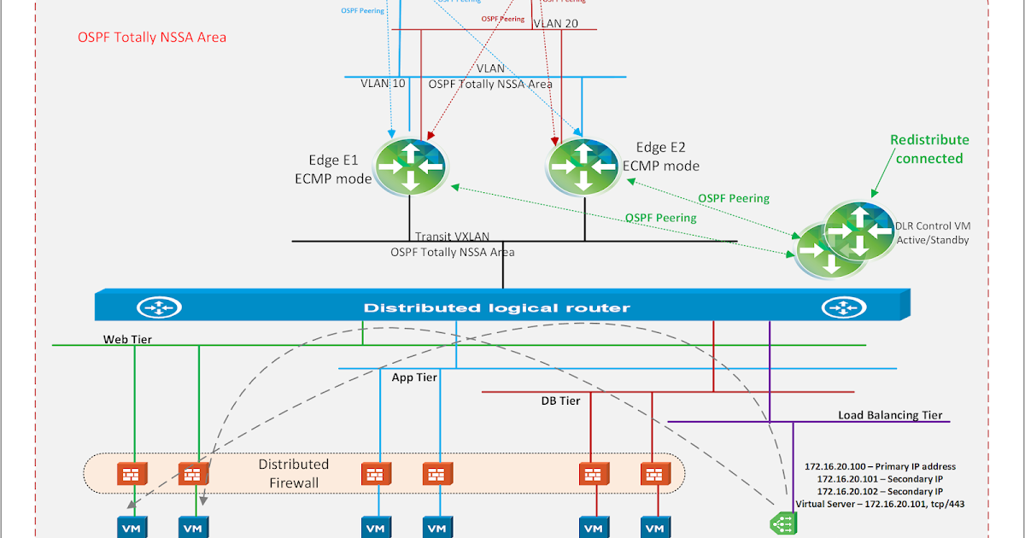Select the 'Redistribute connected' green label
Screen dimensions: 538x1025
[929, 149]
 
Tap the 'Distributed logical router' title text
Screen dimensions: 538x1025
[497, 307]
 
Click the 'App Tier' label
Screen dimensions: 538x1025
[414, 377]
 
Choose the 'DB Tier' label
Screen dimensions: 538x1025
[560, 401]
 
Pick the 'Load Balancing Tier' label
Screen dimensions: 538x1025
[890, 415]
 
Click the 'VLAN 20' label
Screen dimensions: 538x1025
[555, 23]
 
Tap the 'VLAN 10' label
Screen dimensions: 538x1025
[382, 84]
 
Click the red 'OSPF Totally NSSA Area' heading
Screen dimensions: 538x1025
[151, 38]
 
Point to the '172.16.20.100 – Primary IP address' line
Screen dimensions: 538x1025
[880, 466]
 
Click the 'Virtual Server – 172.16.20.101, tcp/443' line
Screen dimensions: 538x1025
[880, 504]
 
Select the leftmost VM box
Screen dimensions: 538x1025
[134, 528]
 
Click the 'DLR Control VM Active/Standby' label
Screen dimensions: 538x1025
[932, 233]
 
